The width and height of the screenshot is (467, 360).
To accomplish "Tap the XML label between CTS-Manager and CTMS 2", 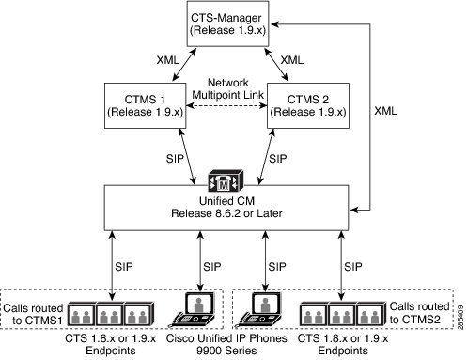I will point(293,59).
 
